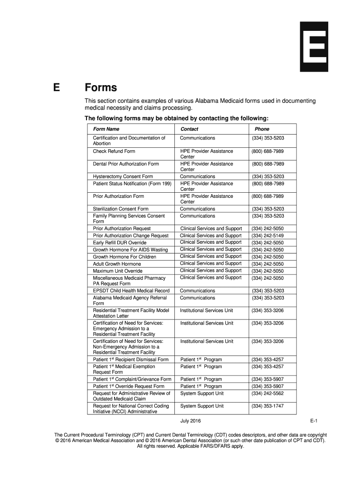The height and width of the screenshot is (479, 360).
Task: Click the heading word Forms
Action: click(x=101, y=88)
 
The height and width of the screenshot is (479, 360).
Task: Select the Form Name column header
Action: click(x=106, y=129)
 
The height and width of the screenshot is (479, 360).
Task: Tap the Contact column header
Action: click(x=189, y=129)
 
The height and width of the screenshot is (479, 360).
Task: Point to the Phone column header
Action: click(x=262, y=129)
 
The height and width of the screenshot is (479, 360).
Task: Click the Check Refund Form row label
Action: click(x=114, y=152)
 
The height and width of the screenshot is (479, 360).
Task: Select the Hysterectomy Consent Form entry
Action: click(x=123, y=177)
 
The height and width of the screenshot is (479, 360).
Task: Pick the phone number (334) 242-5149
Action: click(x=267, y=236)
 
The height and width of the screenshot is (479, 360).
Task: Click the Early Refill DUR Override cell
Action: click(x=120, y=243)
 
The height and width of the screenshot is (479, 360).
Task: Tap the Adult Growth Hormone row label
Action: click(x=117, y=264)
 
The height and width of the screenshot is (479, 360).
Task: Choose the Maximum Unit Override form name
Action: click(x=118, y=271)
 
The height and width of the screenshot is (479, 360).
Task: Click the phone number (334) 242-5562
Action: click(x=267, y=393)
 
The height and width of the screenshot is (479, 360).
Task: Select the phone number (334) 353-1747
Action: click(x=267, y=406)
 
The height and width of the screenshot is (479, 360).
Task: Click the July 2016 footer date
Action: click(x=190, y=421)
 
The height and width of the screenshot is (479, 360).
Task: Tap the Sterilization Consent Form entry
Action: click(x=121, y=209)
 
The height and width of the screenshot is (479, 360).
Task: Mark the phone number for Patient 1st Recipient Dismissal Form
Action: click(x=267, y=360)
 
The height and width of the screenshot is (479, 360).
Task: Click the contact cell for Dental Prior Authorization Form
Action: click(x=206, y=167)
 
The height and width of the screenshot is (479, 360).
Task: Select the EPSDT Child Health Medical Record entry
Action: click(x=131, y=291)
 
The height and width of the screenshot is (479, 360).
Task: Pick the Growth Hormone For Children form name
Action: click(x=124, y=257)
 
